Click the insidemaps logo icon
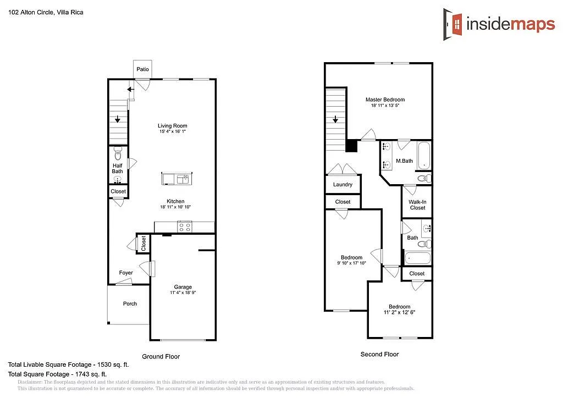[454, 24]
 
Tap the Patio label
[143, 69]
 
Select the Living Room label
[173, 126]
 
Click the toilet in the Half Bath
[118, 151]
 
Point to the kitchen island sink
[181, 179]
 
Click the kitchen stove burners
[184, 226]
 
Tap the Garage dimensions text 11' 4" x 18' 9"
[183, 293]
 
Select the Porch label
[130, 303]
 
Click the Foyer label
[126, 273]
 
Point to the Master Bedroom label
[385, 99]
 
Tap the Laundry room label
[343, 185]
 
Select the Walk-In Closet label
[417, 204]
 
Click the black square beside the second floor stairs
[352, 146]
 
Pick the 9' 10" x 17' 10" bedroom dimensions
[351, 263]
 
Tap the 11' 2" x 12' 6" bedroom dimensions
[399, 312]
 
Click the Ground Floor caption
[161, 356]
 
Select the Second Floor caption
[379, 354]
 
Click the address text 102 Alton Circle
[31, 12]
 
